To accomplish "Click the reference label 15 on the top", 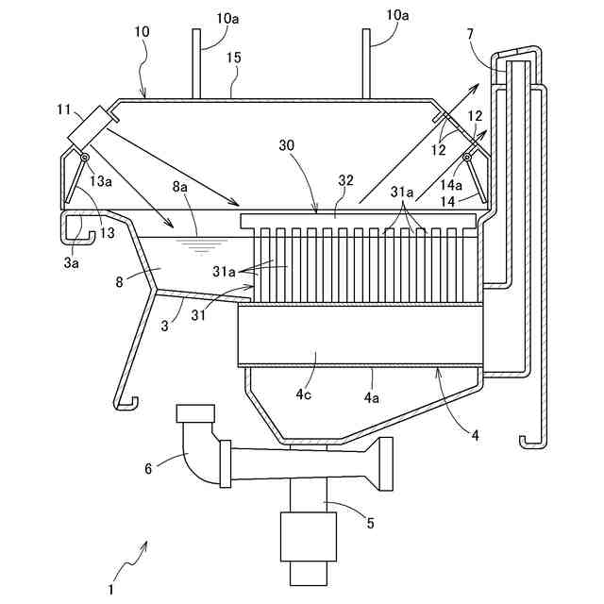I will (x=233, y=59).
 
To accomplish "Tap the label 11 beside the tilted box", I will (x=62, y=111).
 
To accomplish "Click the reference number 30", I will (x=287, y=145).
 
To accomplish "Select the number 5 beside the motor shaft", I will (x=370, y=522).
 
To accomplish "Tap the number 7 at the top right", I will (x=496, y=34).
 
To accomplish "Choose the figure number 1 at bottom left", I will (x=110, y=591).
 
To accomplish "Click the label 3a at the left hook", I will (x=72, y=263).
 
